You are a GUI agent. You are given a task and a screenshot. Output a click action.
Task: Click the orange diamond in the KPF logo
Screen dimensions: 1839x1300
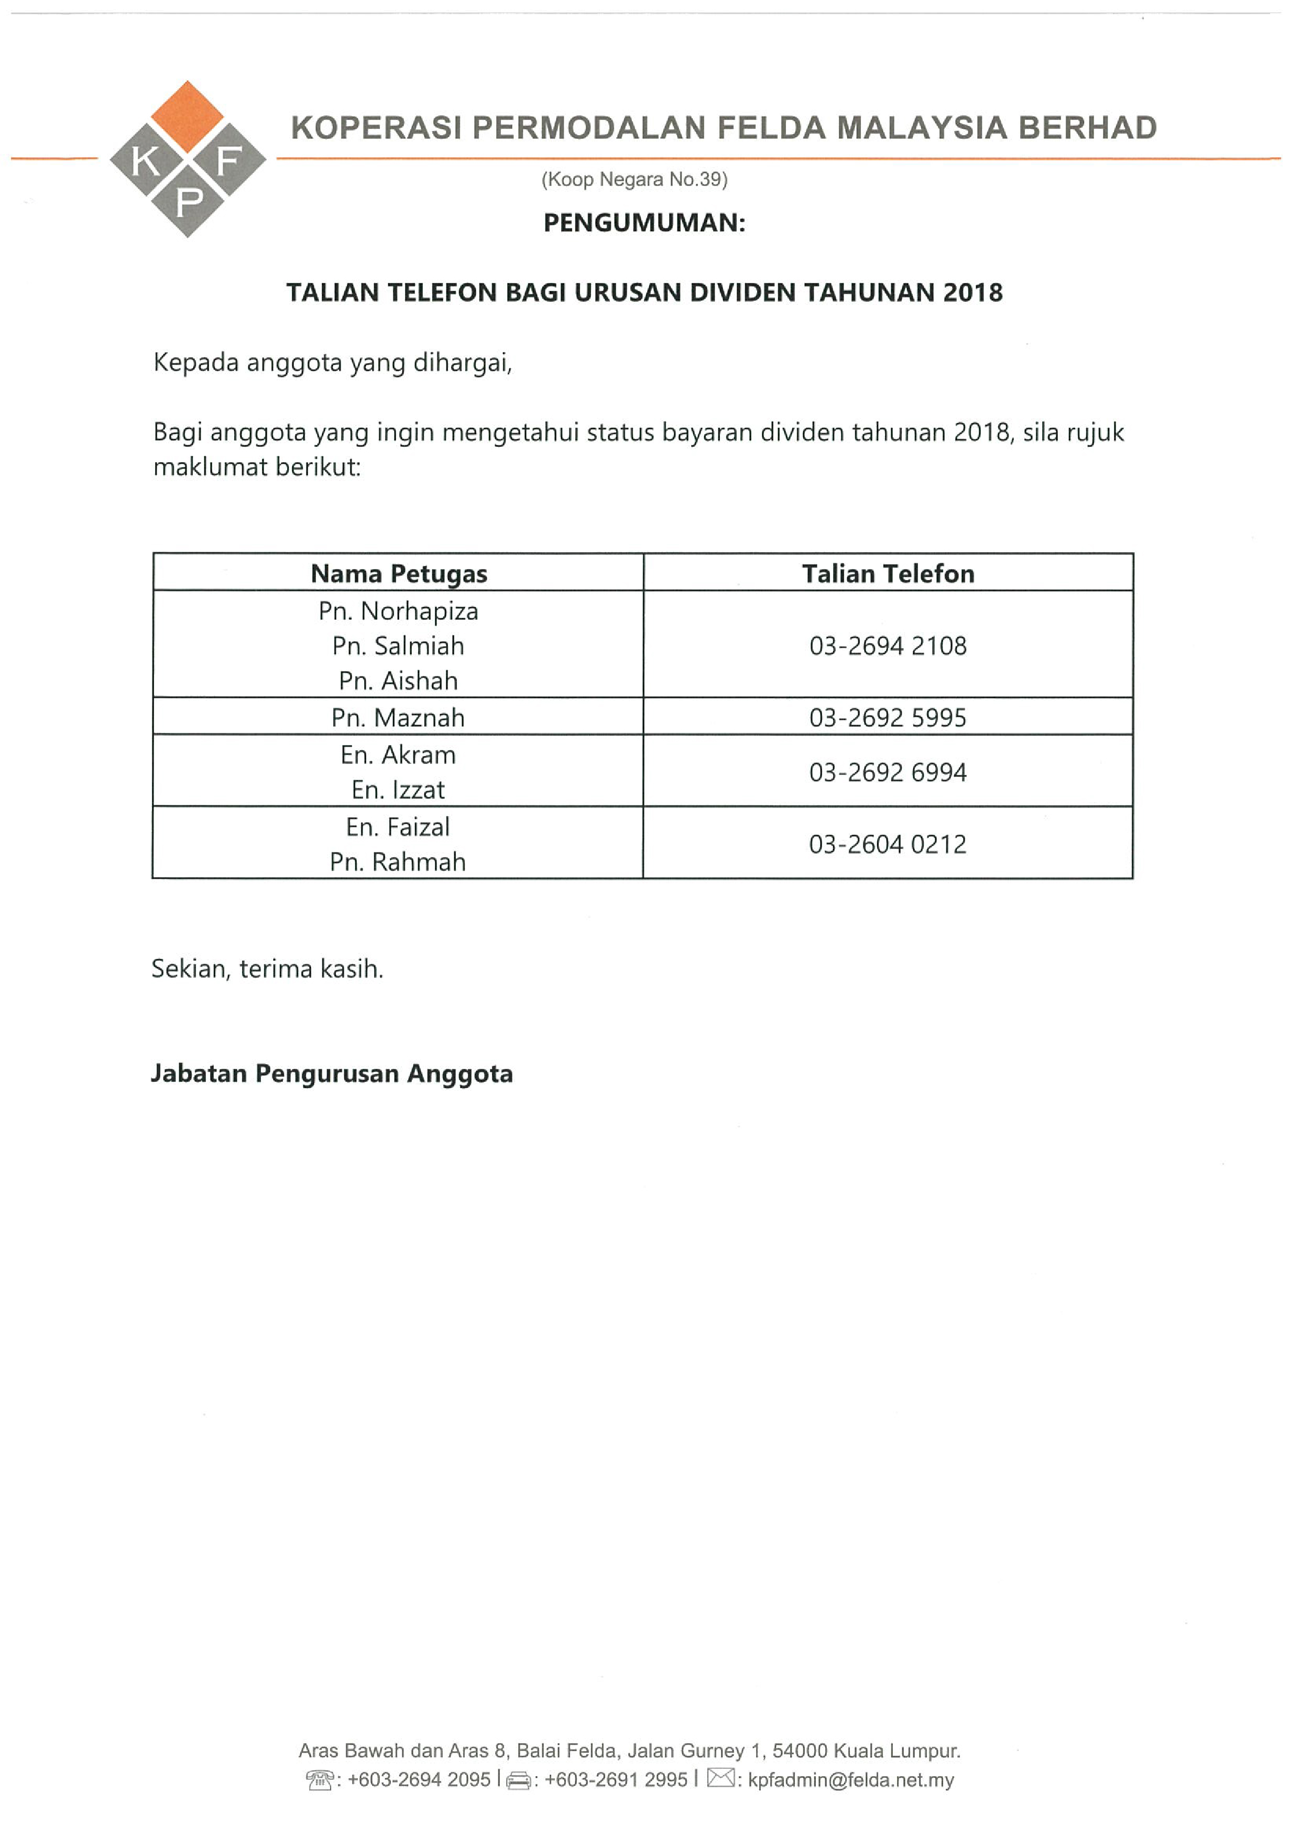click(x=188, y=116)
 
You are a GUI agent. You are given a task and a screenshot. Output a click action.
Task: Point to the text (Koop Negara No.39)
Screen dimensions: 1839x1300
click(x=635, y=179)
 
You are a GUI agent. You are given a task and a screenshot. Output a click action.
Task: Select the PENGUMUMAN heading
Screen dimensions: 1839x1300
click(x=644, y=223)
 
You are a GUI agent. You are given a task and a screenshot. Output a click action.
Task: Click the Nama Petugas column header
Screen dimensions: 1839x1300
click(x=399, y=574)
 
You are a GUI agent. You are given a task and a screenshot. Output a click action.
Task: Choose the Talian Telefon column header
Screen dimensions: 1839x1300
click(x=888, y=574)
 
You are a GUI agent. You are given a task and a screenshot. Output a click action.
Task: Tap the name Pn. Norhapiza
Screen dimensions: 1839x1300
click(x=398, y=611)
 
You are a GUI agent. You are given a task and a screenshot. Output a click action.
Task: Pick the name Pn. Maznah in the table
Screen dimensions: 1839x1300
click(x=398, y=718)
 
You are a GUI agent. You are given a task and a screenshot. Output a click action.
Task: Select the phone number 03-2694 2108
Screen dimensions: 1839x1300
click(x=888, y=645)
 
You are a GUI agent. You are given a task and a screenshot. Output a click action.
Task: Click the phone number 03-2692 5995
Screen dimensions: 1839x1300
click(x=888, y=718)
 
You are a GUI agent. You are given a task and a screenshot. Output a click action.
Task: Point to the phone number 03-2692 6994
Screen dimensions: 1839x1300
click(x=888, y=772)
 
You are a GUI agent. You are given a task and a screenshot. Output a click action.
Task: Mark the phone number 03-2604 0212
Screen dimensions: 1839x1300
click(x=888, y=844)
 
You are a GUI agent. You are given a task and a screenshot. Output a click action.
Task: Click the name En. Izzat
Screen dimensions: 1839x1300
click(x=398, y=790)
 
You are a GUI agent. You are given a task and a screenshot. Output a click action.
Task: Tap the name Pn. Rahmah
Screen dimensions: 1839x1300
click(x=398, y=862)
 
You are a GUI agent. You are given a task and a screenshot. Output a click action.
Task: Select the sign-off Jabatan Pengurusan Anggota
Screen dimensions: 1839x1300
click(x=332, y=1074)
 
